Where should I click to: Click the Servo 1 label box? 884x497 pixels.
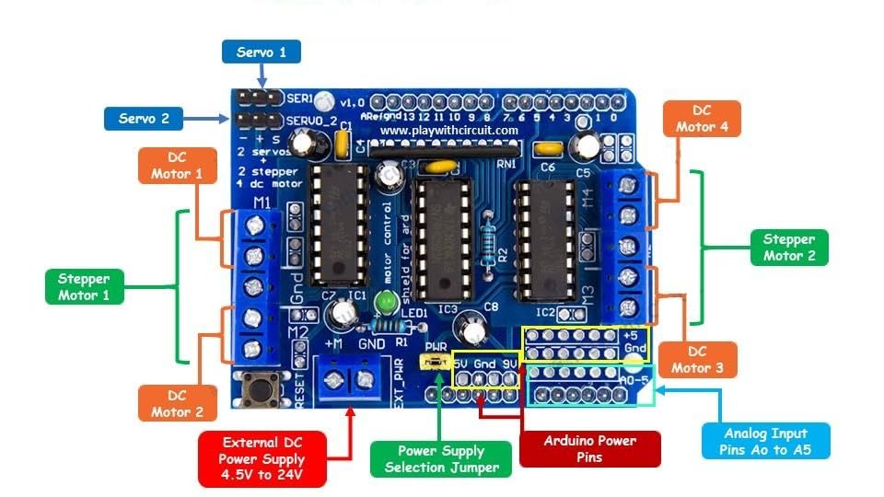click(262, 52)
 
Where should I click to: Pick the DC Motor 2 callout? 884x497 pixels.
click(178, 402)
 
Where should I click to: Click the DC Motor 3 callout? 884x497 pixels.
click(704, 360)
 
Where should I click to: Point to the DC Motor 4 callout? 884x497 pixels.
click(701, 119)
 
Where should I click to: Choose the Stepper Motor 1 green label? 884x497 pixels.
click(84, 286)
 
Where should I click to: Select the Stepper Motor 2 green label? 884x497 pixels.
click(789, 247)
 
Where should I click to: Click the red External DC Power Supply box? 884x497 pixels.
click(262, 458)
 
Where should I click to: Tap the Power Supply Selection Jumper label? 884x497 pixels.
click(440, 458)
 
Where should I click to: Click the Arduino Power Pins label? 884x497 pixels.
click(590, 448)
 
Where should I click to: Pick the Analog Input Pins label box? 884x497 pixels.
click(765, 441)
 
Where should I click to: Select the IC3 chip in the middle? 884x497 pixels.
click(438, 240)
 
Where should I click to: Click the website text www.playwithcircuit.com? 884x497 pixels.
click(449, 131)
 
